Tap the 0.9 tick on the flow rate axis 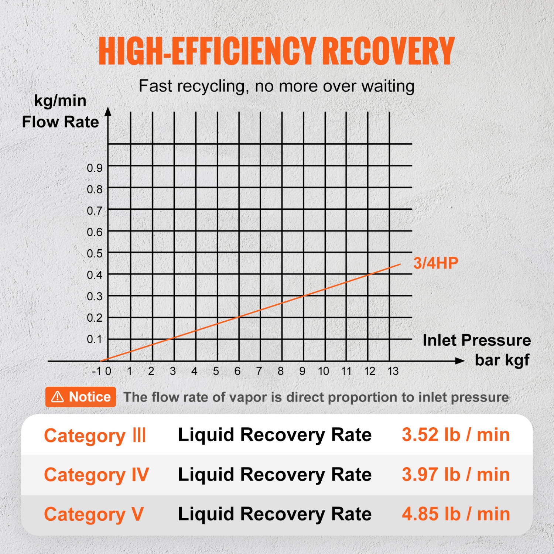pos(95,168)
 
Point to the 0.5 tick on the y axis pos(95,254)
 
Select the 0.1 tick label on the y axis pos(95,339)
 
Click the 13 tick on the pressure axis pos(393,371)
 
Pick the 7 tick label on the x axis pos(259,371)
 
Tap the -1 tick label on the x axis pos(97,371)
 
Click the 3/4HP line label pos(436,263)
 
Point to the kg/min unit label pos(60,100)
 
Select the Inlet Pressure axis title pos(476,340)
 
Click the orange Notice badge pos(81,397)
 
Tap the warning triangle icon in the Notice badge pos(58,397)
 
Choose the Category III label pos(95,436)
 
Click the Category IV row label pos(96,475)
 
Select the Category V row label pos(94,514)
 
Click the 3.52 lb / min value pos(456,435)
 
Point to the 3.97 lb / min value pos(456,475)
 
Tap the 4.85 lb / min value pos(456,514)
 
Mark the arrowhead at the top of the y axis pos(108,112)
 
